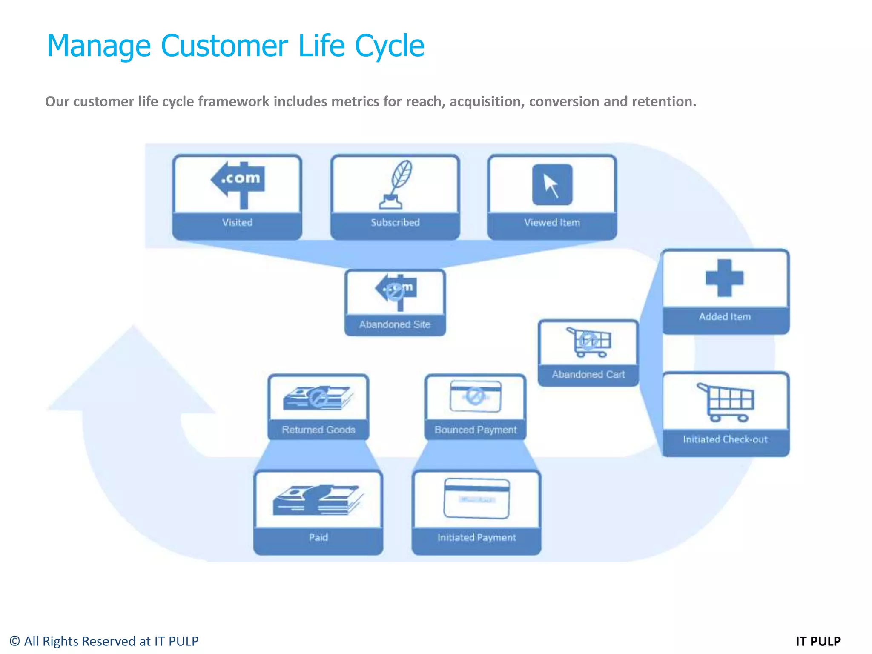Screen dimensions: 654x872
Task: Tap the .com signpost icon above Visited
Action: coord(238,184)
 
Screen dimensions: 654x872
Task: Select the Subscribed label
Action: coord(395,222)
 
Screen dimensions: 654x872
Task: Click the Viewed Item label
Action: coord(552,222)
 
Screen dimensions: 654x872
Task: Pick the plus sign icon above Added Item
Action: coord(724,278)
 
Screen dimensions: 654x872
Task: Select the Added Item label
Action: coord(725,316)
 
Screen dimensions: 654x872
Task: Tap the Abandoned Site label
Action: coord(395,324)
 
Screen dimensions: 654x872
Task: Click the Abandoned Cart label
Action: coord(588,374)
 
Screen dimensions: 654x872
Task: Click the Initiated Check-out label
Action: coord(725,439)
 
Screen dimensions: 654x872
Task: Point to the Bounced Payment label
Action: coord(476,430)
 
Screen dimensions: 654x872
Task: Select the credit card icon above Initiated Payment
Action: coord(476,498)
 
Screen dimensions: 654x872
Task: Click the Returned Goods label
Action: coord(318,430)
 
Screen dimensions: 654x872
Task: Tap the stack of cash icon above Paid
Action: coord(318,500)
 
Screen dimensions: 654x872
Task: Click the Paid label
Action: coord(318,537)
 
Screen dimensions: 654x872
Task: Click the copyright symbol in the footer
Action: coord(14,641)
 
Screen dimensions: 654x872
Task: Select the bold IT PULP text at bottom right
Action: coord(818,641)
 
